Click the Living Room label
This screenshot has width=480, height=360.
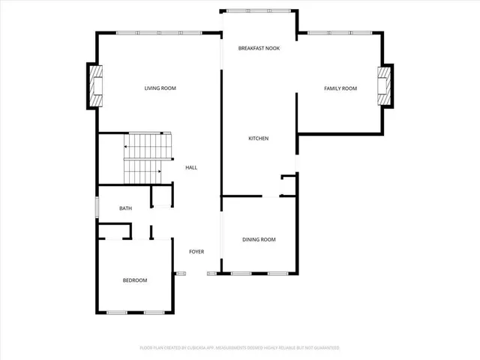point(160,88)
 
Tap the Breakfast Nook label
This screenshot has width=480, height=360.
point(259,48)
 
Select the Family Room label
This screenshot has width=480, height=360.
point(340,88)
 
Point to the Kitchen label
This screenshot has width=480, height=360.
point(259,139)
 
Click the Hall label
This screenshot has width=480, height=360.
point(191,167)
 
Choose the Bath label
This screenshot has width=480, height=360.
point(126,208)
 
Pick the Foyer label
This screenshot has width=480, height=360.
point(196,251)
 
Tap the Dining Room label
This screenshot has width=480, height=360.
point(259,239)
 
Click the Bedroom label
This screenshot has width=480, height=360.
point(135,280)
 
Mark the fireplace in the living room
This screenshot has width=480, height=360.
point(95,86)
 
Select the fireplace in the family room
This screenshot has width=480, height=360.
point(385,86)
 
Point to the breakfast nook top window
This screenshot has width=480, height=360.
point(259,10)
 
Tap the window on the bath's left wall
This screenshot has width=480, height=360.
point(97,207)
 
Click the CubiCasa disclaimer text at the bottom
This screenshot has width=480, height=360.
point(240,348)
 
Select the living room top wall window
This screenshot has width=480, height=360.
point(158,32)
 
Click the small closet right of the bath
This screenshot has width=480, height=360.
point(160,196)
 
